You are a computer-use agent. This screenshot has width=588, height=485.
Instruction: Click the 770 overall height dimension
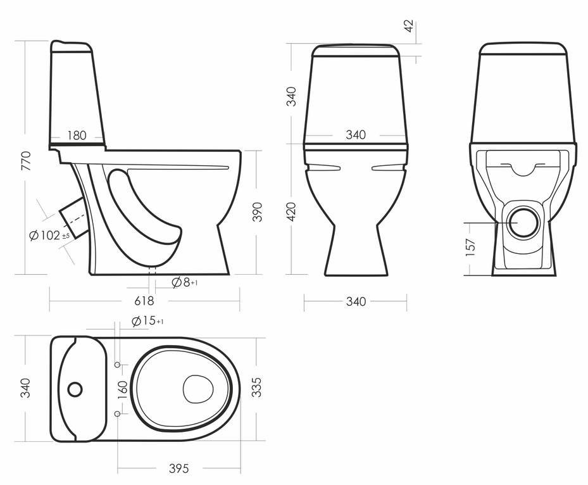click(26, 161)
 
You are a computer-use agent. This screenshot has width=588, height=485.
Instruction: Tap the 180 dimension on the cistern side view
click(77, 135)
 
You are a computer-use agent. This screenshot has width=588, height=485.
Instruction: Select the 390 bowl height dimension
click(257, 212)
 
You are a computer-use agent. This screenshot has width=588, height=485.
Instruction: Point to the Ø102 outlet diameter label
click(49, 236)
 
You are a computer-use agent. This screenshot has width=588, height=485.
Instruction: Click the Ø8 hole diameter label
click(184, 282)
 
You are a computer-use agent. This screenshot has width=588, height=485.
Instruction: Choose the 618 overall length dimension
click(144, 301)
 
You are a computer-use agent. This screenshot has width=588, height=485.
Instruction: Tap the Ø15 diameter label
click(147, 321)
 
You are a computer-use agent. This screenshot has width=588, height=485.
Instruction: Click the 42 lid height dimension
click(409, 26)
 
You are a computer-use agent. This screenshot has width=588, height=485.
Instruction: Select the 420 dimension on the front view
click(291, 212)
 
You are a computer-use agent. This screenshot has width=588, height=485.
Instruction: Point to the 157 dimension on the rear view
click(470, 248)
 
